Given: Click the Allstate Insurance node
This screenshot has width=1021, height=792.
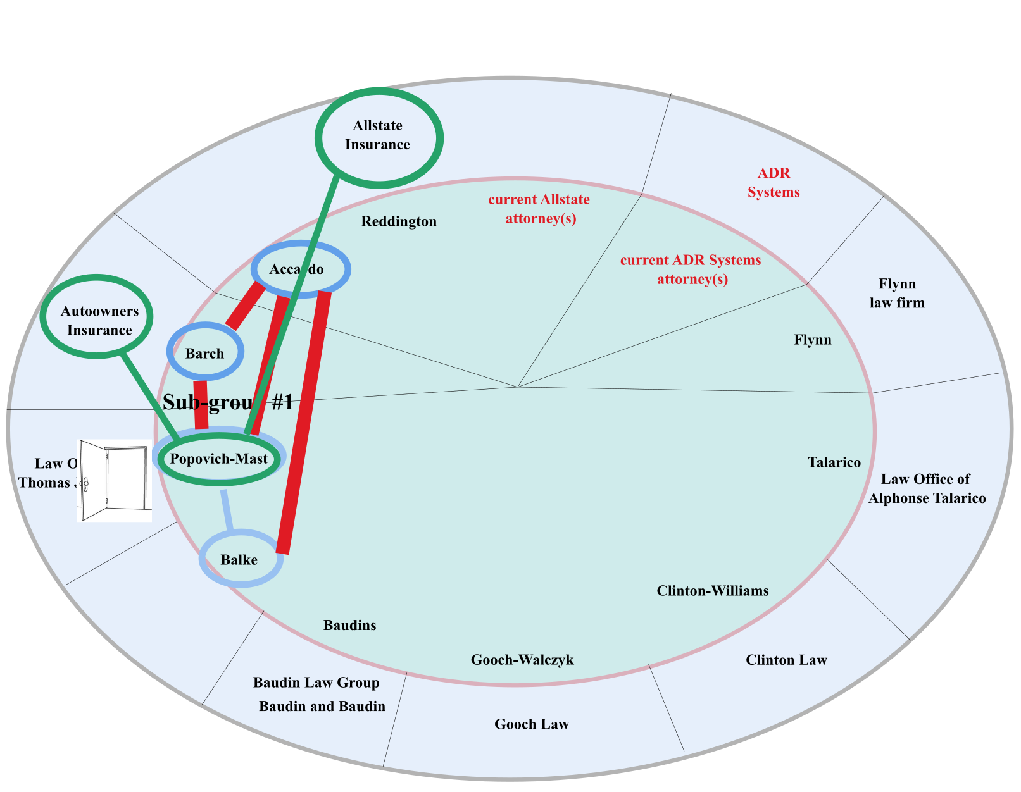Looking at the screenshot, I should pyautogui.click(x=379, y=137).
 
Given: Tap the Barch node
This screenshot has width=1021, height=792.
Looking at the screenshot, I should pyautogui.click(x=205, y=353).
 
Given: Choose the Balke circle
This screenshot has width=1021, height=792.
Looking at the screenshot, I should pyautogui.click(x=240, y=559).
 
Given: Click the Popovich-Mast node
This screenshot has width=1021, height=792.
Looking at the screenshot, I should pyautogui.click(x=219, y=459).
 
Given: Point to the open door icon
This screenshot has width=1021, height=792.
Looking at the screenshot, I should pyautogui.click(x=114, y=480).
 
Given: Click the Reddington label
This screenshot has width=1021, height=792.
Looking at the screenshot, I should pyautogui.click(x=399, y=221).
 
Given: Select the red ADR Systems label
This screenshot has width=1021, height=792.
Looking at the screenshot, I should pyautogui.click(x=774, y=183).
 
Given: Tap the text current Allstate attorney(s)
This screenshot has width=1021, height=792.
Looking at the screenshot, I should pyautogui.click(x=539, y=209).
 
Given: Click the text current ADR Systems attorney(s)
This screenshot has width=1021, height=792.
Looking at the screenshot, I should pyautogui.click(x=691, y=269).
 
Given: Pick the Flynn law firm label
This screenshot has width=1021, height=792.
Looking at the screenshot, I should pyautogui.click(x=897, y=294).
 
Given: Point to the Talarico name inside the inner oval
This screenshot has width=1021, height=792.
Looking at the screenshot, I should pyautogui.click(x=834, y=462).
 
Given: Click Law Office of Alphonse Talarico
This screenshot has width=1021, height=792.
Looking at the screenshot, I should pyautogui.click(x=927, y=488).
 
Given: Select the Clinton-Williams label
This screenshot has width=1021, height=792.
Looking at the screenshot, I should pyautogui.click(x=713, y=591).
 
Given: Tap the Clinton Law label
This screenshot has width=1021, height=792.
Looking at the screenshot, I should pyautogui.click(x=786, y=660).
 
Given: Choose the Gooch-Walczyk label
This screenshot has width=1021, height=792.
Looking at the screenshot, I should pyautogui.click(x=522, y=660).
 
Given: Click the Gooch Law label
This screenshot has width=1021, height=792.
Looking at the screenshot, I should pyautogui.click(x=532, y=724).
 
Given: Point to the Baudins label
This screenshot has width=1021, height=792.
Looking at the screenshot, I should pyautogui.click(x=349, y=625).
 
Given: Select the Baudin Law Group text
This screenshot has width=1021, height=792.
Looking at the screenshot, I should pyautogui.click(x=316, y=683).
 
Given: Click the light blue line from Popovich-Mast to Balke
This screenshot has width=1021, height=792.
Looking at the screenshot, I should pyautogui.click(x=227, y=509).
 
